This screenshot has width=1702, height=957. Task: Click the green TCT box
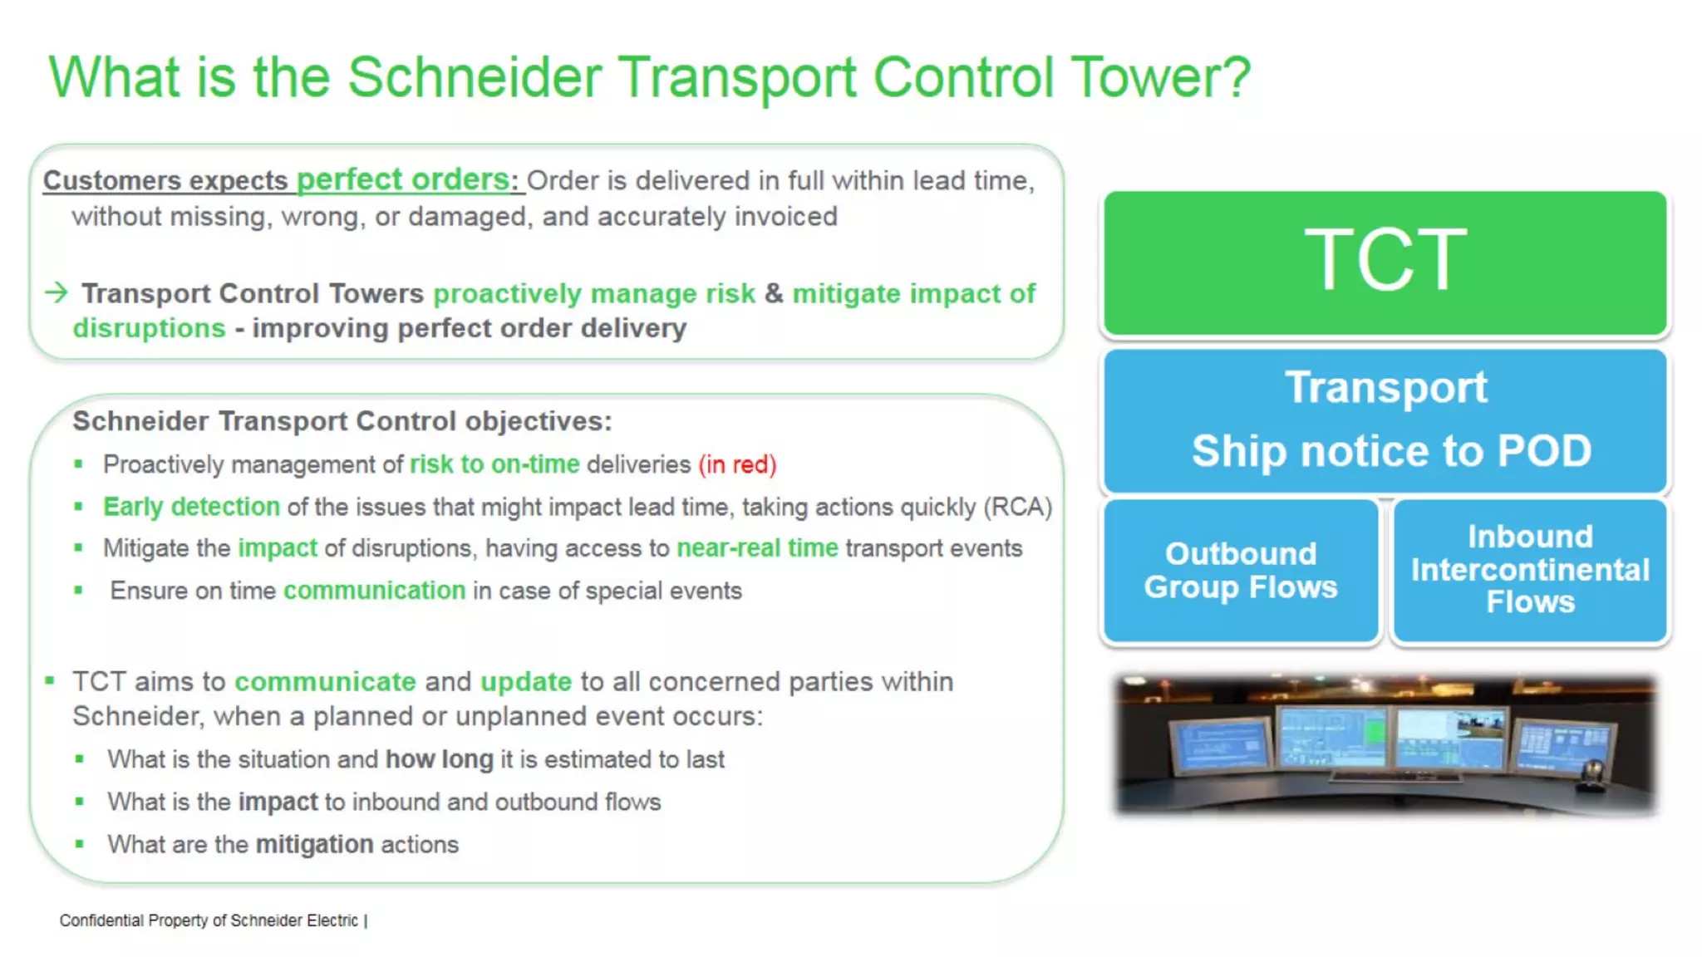point(1385,263)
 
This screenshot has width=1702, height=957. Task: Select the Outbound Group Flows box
point(1240,570)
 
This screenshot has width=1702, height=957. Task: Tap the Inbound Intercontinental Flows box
point(1530,570)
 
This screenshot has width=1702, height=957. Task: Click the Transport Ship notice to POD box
point(1385,420)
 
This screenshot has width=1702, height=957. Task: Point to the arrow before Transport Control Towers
point(57,292)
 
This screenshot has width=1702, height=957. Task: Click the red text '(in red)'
point(737,464)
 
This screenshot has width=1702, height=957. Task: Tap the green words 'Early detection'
point(191,507)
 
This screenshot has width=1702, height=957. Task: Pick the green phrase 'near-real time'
point(757,548)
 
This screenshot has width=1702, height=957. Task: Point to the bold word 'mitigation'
point(314,844)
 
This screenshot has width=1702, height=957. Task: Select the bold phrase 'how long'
point(439,759)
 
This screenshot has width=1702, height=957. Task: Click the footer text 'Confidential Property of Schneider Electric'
point(209,920)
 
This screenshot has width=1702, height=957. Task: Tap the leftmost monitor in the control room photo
point(1221,745)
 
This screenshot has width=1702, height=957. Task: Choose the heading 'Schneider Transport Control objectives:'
point(342,421)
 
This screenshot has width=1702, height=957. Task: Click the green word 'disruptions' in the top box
point(149,328)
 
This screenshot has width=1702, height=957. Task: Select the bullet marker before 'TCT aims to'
point(50,681)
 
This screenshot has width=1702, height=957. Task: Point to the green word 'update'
point(526,682)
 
